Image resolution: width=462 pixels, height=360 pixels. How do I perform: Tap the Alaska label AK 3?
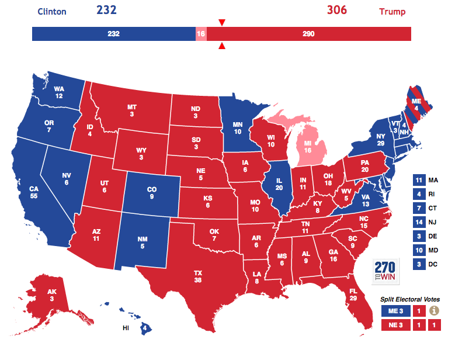[53, 296]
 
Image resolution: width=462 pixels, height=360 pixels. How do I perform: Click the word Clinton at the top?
[51, 12]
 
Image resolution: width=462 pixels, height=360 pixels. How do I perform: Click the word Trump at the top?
[392, 12]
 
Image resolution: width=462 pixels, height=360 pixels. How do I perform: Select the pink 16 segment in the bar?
[201, 34]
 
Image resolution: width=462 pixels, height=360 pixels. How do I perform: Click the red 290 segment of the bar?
[308, 34]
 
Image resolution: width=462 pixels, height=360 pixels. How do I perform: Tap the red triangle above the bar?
[221, 22]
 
